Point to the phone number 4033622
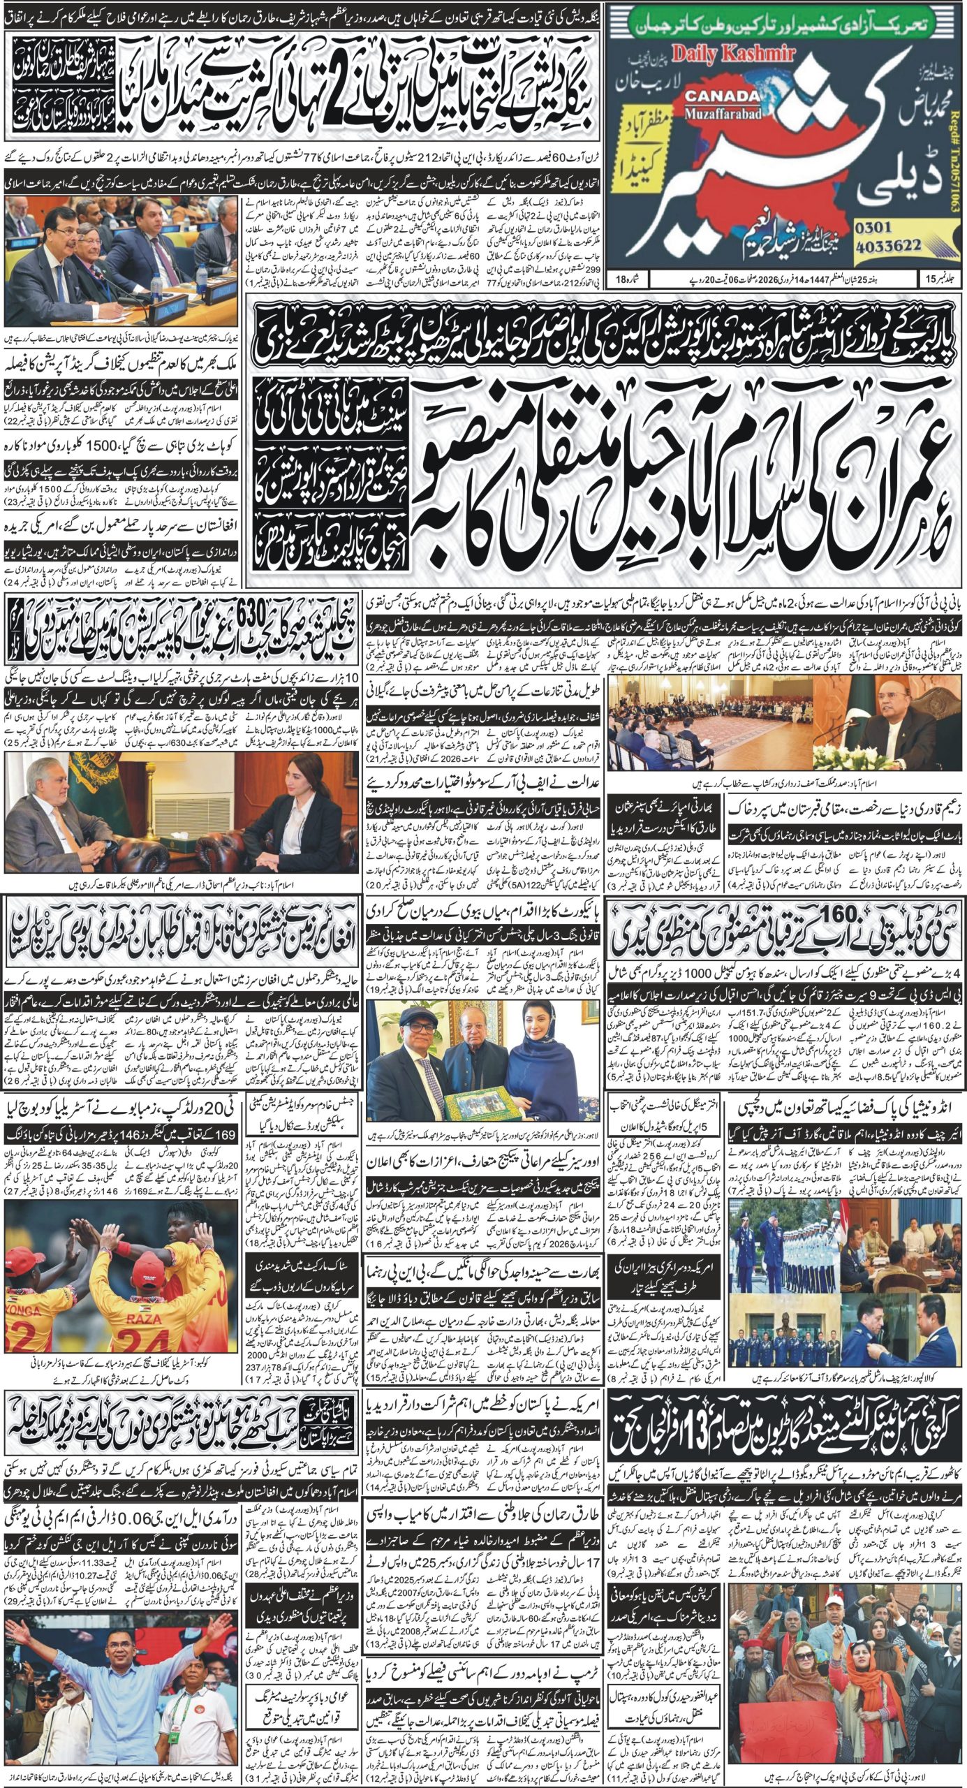pyautogui.click(x=887, y=247)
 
